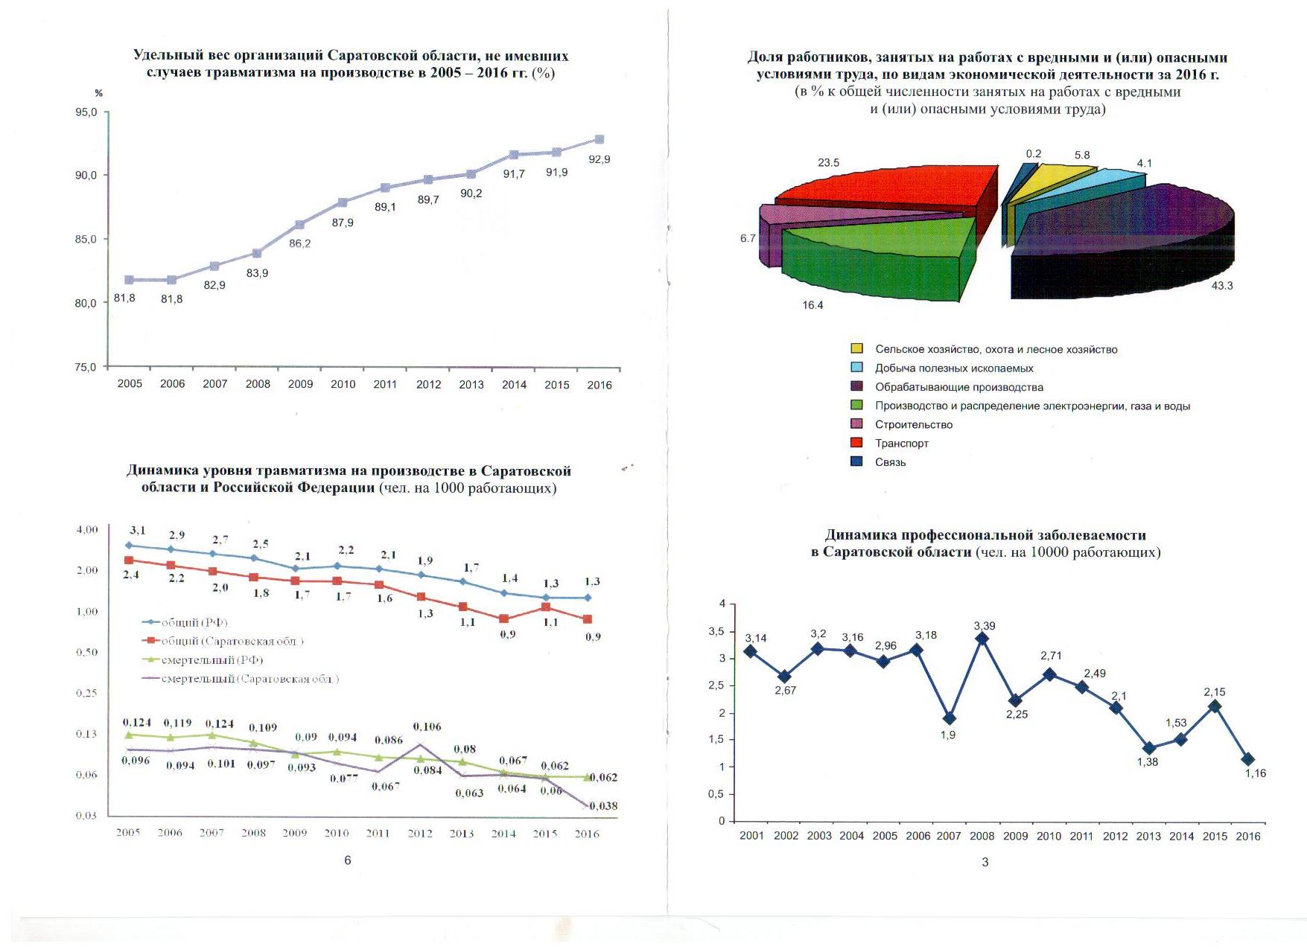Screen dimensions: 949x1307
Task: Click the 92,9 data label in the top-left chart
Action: (x=599, y=159)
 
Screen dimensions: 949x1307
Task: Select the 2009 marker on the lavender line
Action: (x=299, y=225)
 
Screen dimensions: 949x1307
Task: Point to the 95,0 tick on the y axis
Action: (x=86, y=112)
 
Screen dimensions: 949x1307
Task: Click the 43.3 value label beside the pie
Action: (x=1222, y=286)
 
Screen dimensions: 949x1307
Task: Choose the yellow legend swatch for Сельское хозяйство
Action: (x=857, y=348)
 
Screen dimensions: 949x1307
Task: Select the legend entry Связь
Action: (x=890, y=462)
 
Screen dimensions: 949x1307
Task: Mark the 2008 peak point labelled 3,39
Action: (x=982, y=639)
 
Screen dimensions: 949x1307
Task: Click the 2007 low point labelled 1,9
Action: (x=949, y=718)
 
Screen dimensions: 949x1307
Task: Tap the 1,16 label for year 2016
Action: (x=1256, y=773)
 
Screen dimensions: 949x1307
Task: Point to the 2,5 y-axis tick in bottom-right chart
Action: (x=716, y=686)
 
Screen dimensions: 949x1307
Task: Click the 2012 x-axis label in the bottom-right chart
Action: (x=1115, y=836)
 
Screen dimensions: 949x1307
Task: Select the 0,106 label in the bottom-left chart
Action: (x=427, y=726)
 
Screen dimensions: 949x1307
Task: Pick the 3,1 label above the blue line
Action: (x=138, y=531)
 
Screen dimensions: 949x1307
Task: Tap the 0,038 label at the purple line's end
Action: (x=603, y=806)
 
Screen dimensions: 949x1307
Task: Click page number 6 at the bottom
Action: (x=347, y=860)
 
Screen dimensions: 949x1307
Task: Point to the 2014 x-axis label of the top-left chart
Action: (x=514, y=385)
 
